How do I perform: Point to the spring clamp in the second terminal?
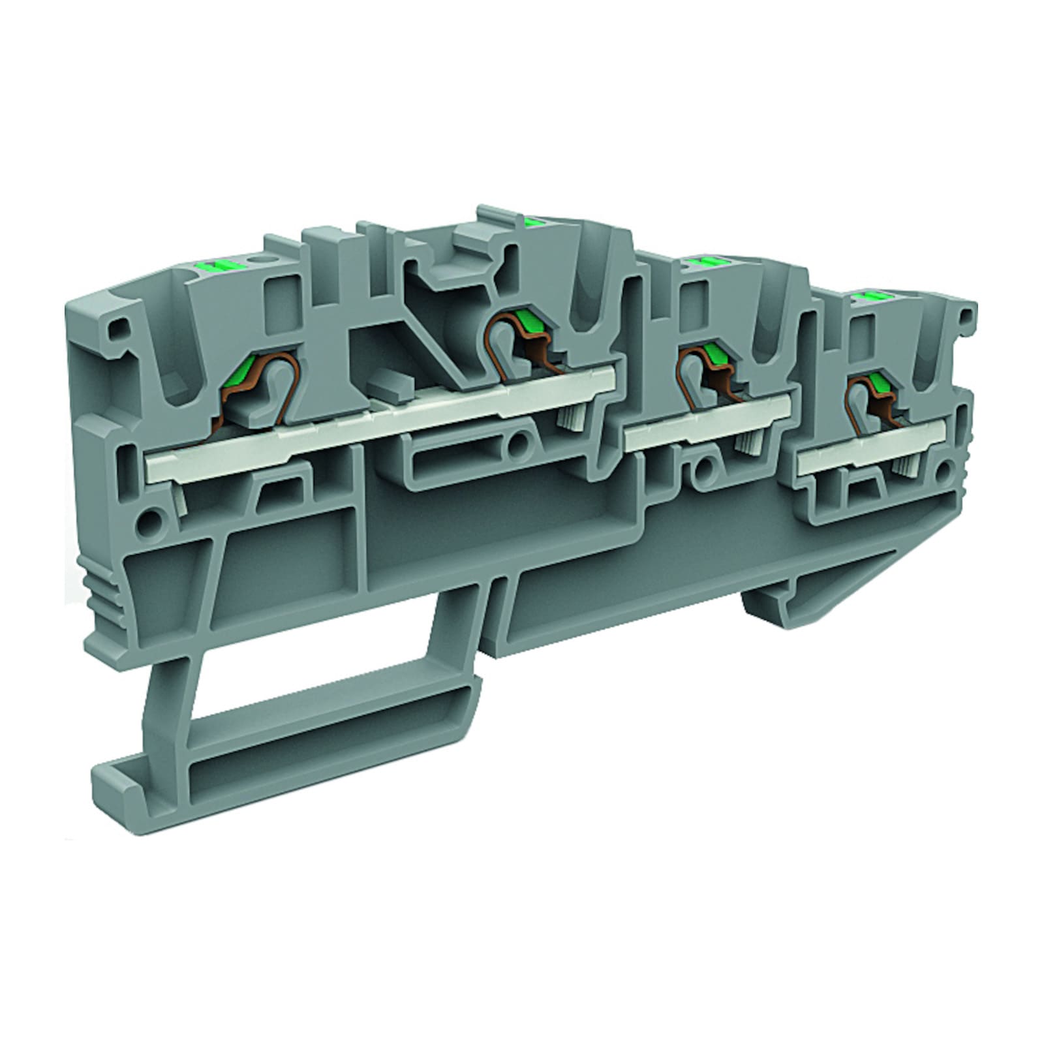point(522,339)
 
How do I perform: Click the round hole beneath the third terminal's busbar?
point(703,468)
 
